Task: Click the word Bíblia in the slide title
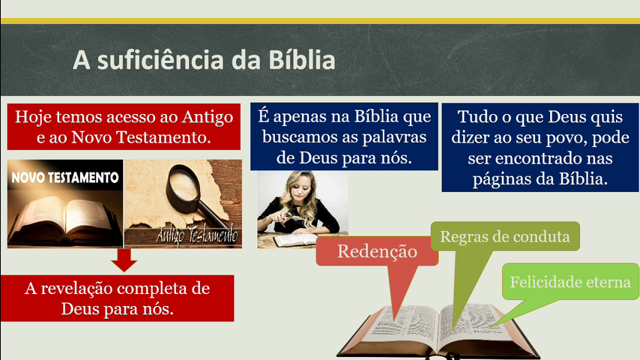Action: coord(301,60)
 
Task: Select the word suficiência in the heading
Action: coord(161,60)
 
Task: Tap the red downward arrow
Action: coord(124,260)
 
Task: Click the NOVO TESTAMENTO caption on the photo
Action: coord(65,177)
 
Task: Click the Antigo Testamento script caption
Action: coord(197,235)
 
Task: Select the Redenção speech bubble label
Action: coord(377,251)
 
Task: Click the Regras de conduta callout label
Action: coord(505,236)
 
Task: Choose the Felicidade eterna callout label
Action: coord(570,282)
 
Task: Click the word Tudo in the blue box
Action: coord(473,117)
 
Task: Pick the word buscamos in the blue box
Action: coord(295,137)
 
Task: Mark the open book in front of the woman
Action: coord(295,240)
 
